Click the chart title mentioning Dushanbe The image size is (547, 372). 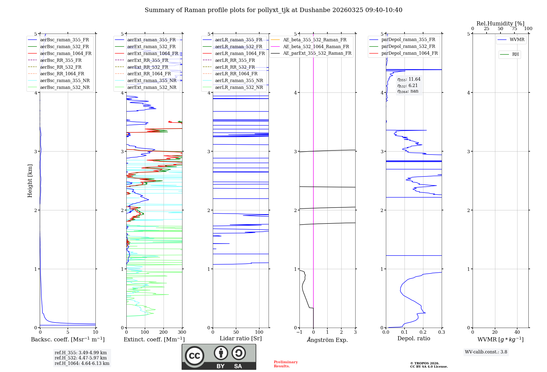click(273, 10)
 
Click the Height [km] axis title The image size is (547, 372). click(30, 181)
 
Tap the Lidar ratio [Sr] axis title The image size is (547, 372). click(241, 338)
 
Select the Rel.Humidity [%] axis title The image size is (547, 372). click(500, 24)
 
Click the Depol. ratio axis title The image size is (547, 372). click(414, 338)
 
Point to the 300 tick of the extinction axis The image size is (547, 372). click(182, 332)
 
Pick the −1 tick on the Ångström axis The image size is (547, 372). click(299, 332)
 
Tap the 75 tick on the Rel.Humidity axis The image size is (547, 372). click(514, 29)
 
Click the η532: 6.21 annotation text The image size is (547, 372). click(408, 86)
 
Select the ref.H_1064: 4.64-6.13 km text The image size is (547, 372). click(82, 364)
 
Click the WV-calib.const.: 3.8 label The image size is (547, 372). click(486, 352)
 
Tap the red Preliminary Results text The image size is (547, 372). click(286, 364)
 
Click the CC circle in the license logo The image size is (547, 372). click(194, 356)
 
